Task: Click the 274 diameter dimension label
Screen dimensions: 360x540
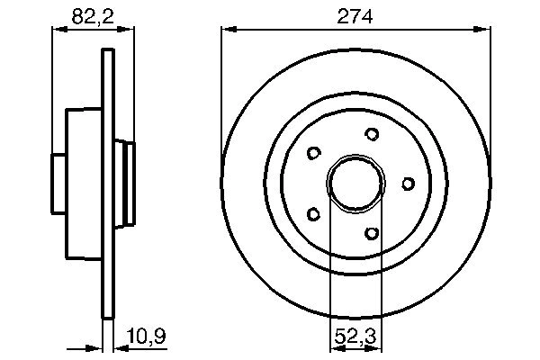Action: coord(355,16)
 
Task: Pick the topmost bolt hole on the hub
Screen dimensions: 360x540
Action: coord(372,134)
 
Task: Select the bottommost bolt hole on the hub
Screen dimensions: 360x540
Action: coord(372,233)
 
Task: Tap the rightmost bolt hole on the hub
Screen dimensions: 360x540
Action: coord(407,184)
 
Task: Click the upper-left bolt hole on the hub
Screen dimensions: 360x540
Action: coord(313,153)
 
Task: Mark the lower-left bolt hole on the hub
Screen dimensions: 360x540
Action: coord(313,214)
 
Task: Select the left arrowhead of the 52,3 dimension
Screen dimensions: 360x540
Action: coord(335,346)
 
